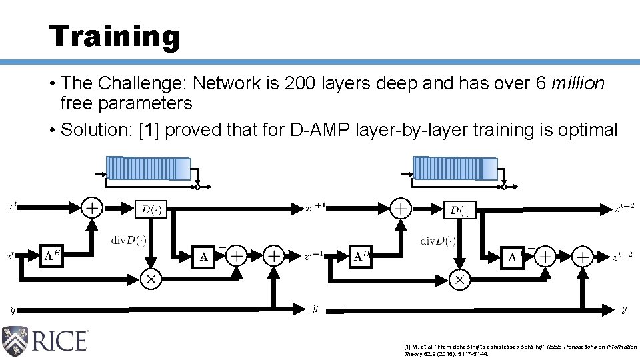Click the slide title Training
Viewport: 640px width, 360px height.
114,36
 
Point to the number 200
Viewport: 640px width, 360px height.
301,84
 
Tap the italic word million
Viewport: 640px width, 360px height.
578,84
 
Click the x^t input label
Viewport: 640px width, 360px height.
13,207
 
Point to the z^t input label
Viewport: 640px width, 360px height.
11,255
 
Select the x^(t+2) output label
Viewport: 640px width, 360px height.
624,208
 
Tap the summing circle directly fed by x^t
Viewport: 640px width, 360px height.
92,207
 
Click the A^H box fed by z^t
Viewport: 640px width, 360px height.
53,255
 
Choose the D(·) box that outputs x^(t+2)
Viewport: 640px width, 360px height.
459,209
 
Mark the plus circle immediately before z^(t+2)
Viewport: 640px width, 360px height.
583,255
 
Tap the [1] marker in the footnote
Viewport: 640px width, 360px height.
407,347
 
